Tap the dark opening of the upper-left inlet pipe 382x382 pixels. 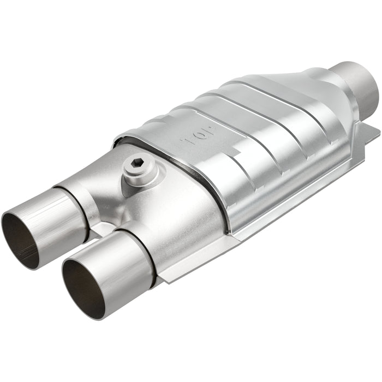[x=20, y=240]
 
